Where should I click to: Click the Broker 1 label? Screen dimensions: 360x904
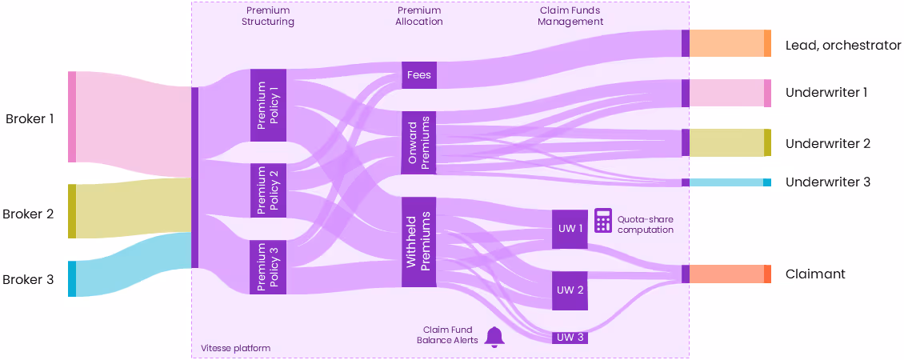pyautogui.click(x=30, y=119)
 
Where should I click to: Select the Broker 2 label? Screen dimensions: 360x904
pyautogui.click(x=28, y=214)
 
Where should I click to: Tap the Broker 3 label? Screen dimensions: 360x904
pyautogui.click(x=28, y=279)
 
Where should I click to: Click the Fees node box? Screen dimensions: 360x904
pyautogui.click(x=419, y=75)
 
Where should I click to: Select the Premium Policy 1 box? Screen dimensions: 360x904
pyautogui.click(x=268, y=105)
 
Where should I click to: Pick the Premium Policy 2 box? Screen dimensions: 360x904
pyautogui.click(x=268, y=190)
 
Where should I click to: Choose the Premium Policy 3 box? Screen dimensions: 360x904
pyautogui.click(x=268, y=267)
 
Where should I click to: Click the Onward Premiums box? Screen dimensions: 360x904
pyautogui.click(x=419, y=143)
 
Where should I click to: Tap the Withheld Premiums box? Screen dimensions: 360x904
pyautogui.click(x=419, y=242)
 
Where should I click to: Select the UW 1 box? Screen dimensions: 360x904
pyautogui.click(x=570, y=230)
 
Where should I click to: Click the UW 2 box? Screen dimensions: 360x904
pyautogui.click(x=570, y=290)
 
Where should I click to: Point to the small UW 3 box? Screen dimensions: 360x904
pyautogui.click(x=570, y=338)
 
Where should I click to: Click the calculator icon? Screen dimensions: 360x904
pyautogui.click(x=603, y=221)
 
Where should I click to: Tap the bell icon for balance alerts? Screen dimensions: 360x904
pyautogui.click(x=494, y=337)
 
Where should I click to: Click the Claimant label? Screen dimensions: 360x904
pyautogui.click(x=815, y=274)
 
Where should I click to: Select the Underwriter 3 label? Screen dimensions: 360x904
pyautogui.click(x=827, y=182)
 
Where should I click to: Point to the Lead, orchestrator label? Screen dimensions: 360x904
pyautogui.click(x=843, y=46)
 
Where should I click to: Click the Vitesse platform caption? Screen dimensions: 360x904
pyautogui.click(x=235, y=348)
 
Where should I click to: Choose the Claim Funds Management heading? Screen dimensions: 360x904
pyautogui.click(x=570, y=16)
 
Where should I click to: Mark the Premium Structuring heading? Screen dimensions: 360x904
pyautogui.click(x=268, y=16)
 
